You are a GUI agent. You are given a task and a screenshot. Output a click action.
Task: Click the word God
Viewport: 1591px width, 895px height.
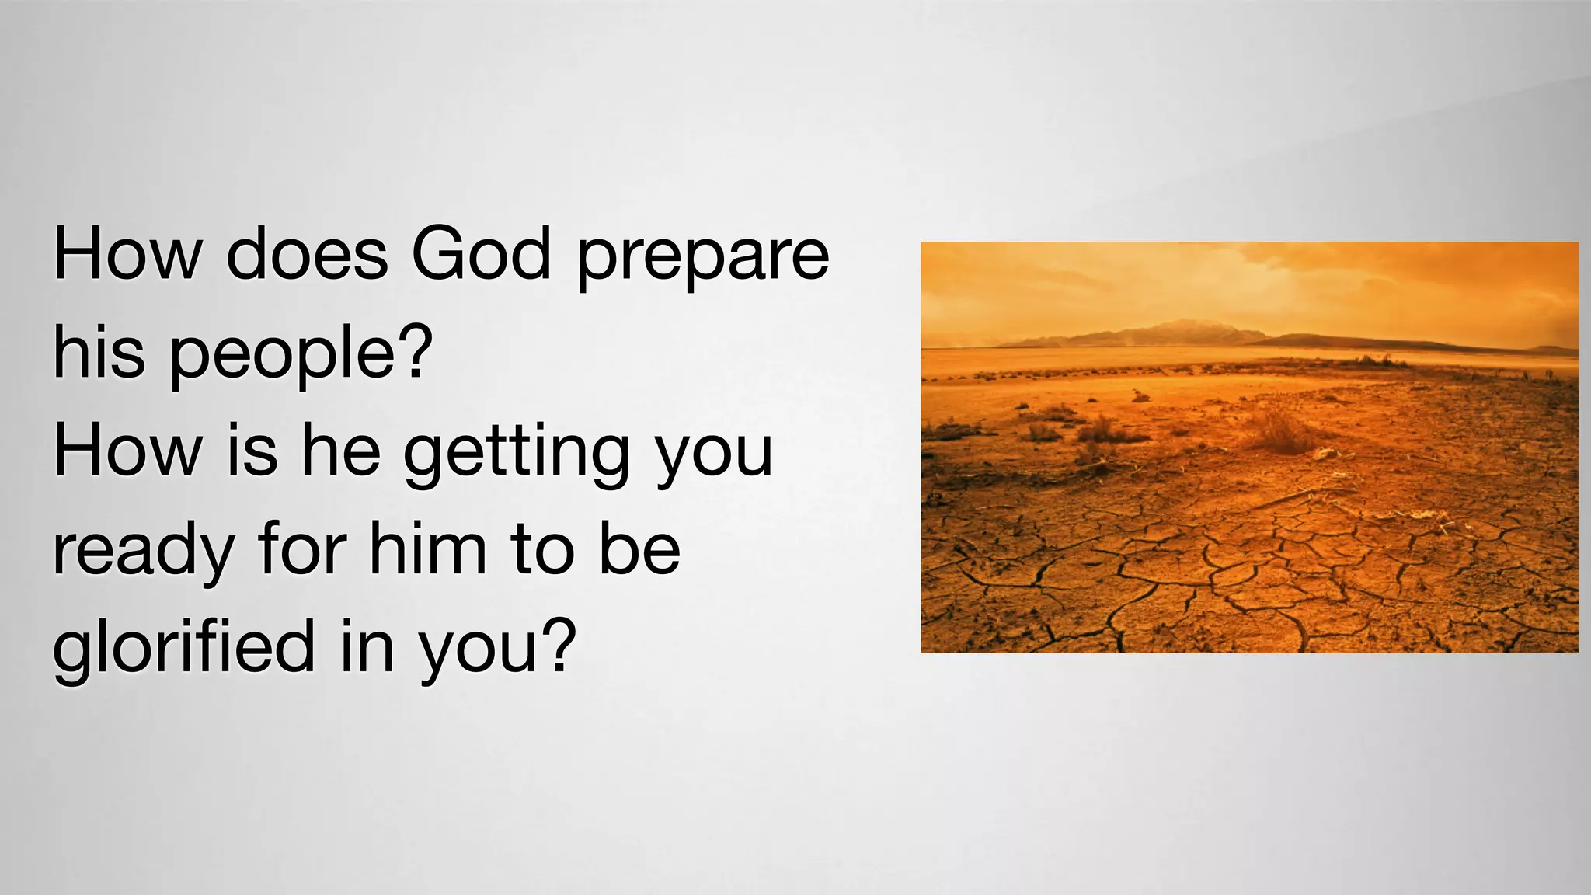click(x=481, y=254)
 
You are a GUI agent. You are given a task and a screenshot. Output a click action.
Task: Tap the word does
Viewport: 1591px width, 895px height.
click(x=307, y=254)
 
